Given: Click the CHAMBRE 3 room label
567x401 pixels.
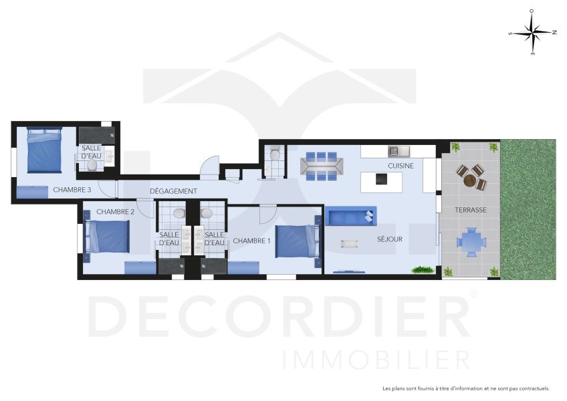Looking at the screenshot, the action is click(x=72, y=190).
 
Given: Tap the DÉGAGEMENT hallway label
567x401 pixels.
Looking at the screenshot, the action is click(x=174, y=191).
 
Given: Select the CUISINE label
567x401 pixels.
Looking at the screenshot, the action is click(x=401, y=166).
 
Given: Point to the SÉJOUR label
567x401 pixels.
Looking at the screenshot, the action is click(x=389, y=239).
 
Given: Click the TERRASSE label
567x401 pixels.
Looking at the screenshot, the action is click(x=471, y=210).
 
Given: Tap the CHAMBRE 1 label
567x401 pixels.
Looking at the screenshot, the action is click(x=251, y=241).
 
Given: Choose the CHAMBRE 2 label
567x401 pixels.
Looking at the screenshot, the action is click(x=116, y=212).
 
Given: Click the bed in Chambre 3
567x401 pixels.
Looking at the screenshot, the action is click(x=44, y=150).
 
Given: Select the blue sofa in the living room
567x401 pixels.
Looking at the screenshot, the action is click(x=351, y=216).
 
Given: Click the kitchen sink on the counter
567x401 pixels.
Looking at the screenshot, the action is click(x=399, y=151).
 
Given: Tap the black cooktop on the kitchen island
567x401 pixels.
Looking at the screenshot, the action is click(x=381, y=178).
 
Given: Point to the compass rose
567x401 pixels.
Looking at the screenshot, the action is click(x=533, y=33).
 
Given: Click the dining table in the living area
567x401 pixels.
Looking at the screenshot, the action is click(x=322, y=166).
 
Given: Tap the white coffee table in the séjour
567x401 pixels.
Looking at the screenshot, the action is click(x=349, y=244).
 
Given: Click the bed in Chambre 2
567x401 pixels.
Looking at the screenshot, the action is click(x=107, y=237).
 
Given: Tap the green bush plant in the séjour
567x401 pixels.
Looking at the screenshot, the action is click(x=423, y=270).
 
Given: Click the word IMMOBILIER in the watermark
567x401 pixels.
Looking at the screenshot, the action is click(x=376, y=360).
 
